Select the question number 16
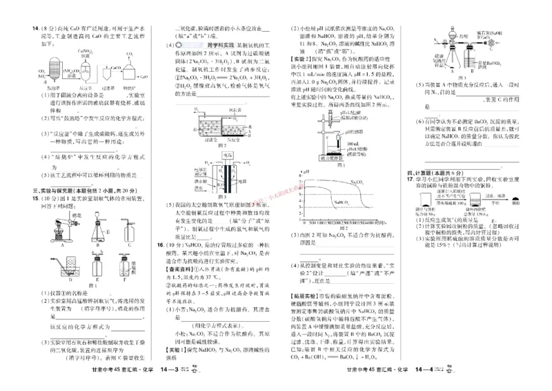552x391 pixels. pos(160,245)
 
